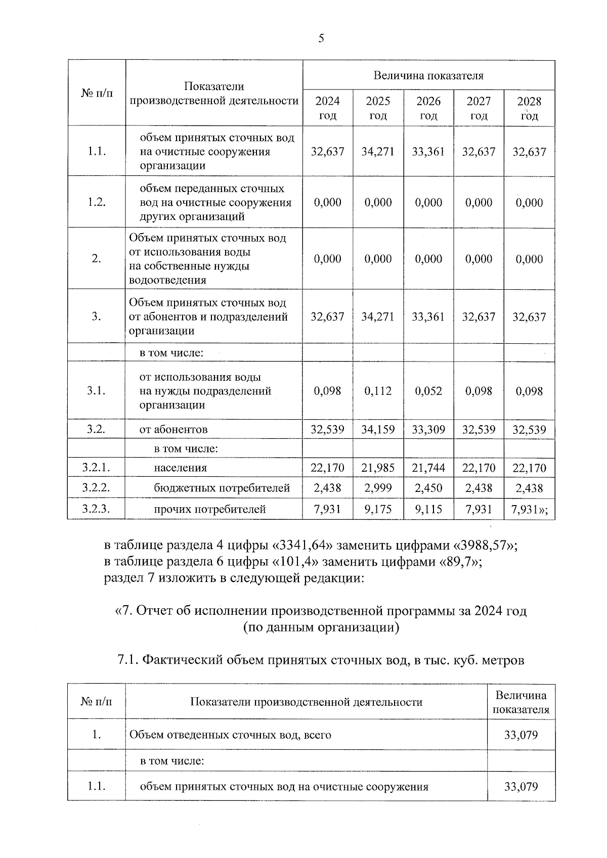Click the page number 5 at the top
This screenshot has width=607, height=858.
[x=321, y=38]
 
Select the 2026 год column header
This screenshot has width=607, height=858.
[x=428, y=108]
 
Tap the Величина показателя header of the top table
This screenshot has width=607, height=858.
[x=428, y=76]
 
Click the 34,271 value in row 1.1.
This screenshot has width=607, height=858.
[x=378, y=152]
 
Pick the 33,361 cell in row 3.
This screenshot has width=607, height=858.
[x=428, y=317]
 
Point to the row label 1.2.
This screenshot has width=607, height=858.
[x=96, y=202]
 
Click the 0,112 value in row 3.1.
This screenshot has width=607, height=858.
[x=378, y=391]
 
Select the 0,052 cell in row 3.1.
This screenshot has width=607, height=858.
[x=428, y=391]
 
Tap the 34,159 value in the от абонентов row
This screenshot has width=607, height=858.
[x=378, y=430]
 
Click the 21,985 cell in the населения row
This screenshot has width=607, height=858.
[x=378, y=468]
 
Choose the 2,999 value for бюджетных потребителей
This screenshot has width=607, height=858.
[x=378, y=488]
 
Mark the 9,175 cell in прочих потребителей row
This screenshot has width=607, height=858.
[x=378, y=509]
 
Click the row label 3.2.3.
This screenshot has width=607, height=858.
[x=96, y=509]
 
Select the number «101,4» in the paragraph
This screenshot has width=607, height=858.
[x=297, y=562]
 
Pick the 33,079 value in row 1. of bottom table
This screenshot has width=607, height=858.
[x=521, y=735]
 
